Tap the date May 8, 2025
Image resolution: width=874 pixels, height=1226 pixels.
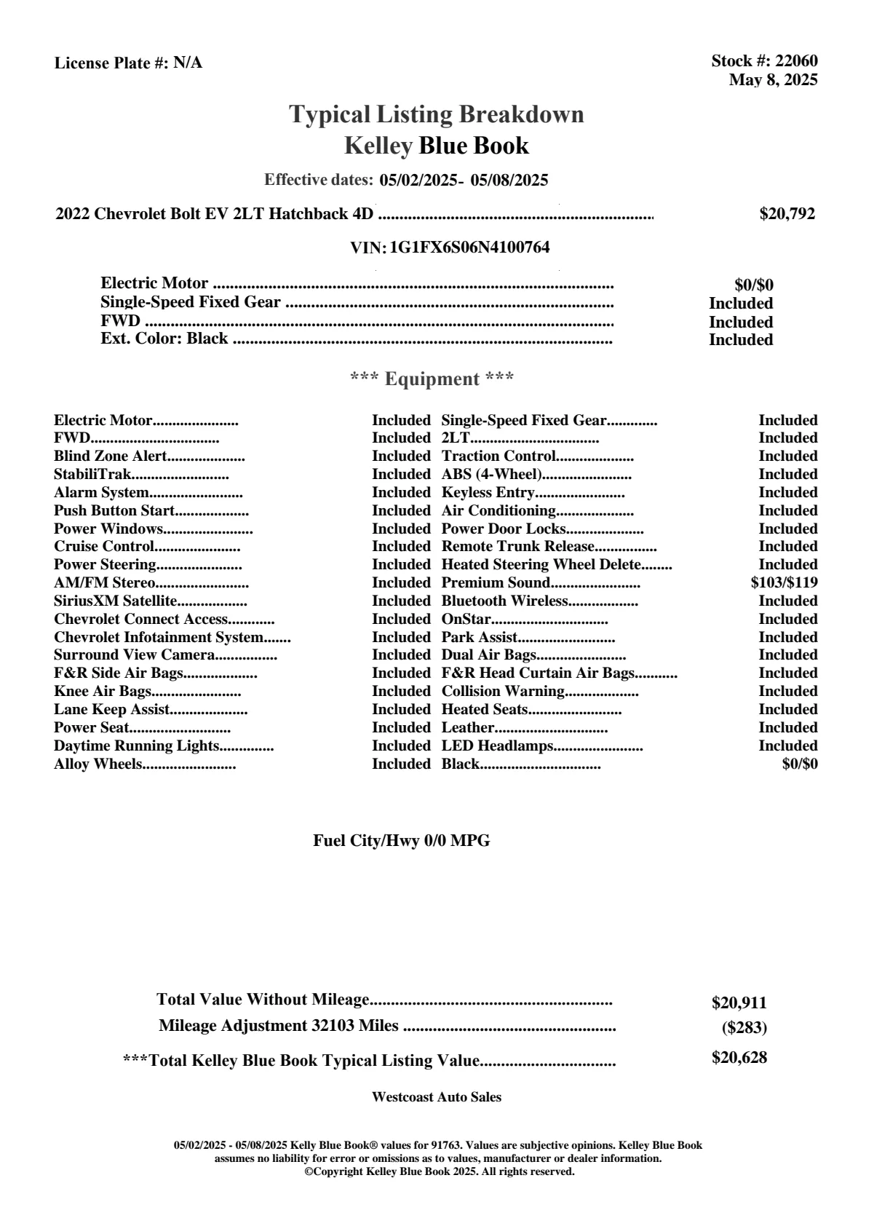point(773,79)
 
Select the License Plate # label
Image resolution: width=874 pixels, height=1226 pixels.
point(111,63)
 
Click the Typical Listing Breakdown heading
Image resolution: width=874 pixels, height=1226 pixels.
point(437,114)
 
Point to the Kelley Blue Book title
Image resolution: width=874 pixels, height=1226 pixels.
point(437,146)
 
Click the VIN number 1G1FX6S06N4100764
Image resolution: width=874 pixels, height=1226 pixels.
point(469,248)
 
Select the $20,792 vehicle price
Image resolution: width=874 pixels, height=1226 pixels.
point(787,214)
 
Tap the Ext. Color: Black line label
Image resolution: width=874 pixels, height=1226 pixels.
point(164,339)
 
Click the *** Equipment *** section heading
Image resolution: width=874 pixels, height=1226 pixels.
point(432,379)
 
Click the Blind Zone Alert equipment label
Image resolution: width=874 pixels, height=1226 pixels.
point(111,456)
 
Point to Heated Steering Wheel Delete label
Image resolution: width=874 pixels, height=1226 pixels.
point(541,565)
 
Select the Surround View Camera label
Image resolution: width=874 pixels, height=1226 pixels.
point(134,655)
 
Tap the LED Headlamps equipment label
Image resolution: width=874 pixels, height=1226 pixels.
point(498,746)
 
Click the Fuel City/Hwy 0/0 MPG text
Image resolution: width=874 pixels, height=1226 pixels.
point(402,841)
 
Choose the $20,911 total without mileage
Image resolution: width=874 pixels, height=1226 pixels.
point(739,1003)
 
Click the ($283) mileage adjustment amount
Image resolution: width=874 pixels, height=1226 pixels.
point(744,1028)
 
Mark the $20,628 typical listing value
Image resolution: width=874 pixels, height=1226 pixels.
point(739,1058)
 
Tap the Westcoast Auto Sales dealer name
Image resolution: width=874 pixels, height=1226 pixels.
point(437,1097)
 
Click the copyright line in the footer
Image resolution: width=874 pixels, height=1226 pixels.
point(440,1171)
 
